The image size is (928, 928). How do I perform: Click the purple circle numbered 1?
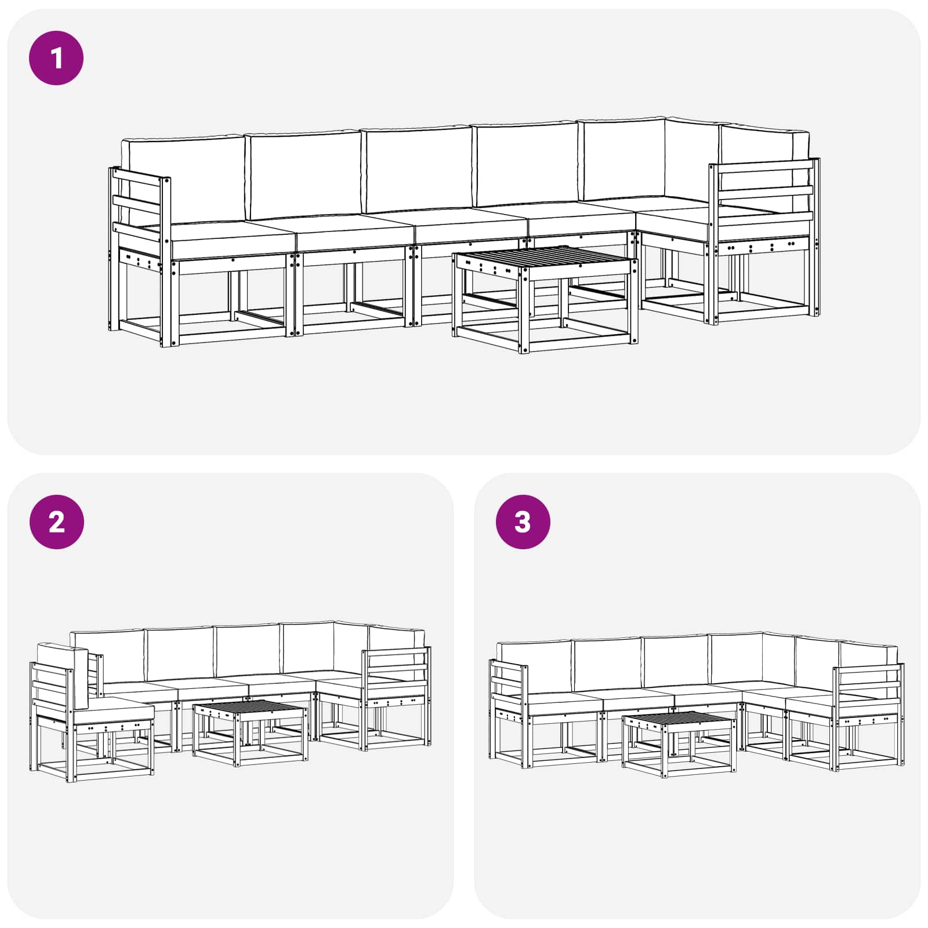tap(56, 58)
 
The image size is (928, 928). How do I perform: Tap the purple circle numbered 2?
tap(56, 522)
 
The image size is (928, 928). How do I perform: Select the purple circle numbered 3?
tap(523, 522)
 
